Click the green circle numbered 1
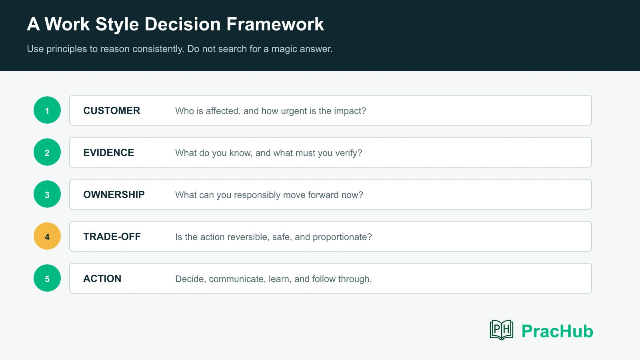tap(47, 110)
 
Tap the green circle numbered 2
tap(47, 152)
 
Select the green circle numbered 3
tap(47, 194)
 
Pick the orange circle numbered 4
tap(47, 236)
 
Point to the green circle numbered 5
tap(47, 278)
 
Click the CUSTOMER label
tap(112, 110)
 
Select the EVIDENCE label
tap(108, 152)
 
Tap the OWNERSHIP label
tap(114, 194)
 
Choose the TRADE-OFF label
tap(112, 236)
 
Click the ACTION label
tap(102, 278)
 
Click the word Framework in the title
tap(275, 24)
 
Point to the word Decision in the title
tap(182, 24)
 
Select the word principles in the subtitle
tap(66, 49)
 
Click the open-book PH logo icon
tap(502, 330)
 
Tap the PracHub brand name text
tap(558, 331)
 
